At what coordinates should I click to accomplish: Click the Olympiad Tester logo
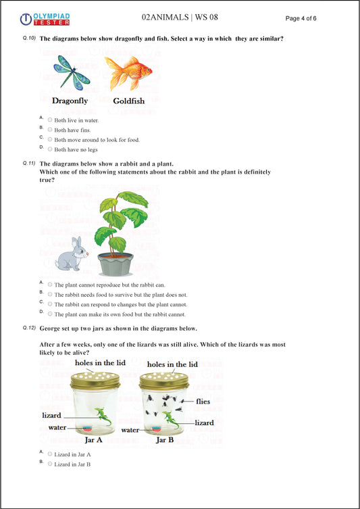[45, 18]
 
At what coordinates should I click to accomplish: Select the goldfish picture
[128, 72]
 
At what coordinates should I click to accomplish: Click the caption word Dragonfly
[70, 101]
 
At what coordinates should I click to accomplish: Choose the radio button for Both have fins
[50, 129]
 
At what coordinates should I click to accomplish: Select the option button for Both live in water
[50, 120]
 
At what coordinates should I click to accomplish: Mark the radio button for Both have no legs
[50, 149]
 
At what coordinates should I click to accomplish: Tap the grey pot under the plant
[114, 263]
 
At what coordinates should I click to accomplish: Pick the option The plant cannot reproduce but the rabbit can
[50, 285]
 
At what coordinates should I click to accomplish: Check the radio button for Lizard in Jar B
[50, 464]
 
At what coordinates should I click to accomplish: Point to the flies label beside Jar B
[203, 401]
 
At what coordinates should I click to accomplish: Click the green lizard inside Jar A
[103, 417]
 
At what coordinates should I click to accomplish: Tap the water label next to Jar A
[57, 427]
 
